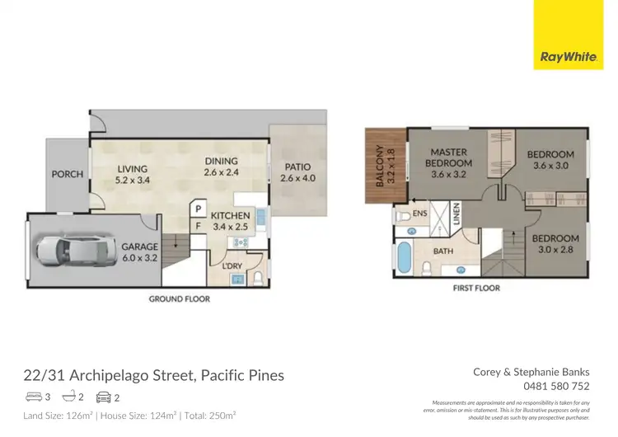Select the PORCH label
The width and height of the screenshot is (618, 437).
68,174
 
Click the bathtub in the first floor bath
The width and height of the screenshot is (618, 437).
403,258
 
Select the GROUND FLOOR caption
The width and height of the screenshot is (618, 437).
180,298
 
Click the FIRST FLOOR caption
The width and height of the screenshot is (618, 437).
477,288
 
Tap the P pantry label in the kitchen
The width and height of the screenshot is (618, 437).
198,208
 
